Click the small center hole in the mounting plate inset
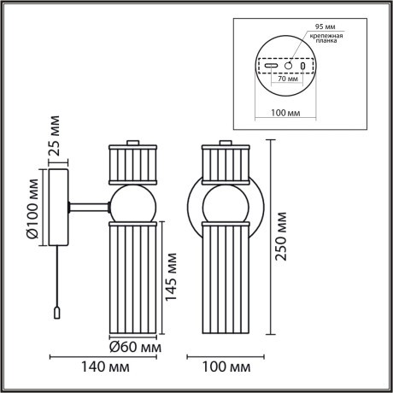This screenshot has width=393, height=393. pyautogui.click(x=288, y=65)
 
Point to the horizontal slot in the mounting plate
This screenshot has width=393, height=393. pyautogui.click(x=271, y=66)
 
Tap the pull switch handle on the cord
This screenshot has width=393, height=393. pyautogui.click(x=57, y=314)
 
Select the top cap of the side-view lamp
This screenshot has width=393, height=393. pyautogui.click(x=132, y=143)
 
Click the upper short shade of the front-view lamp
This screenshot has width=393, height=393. pyautogui.click(x=224, y=163)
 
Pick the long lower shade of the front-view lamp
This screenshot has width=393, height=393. pyautogui.click(x=224, y=278)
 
